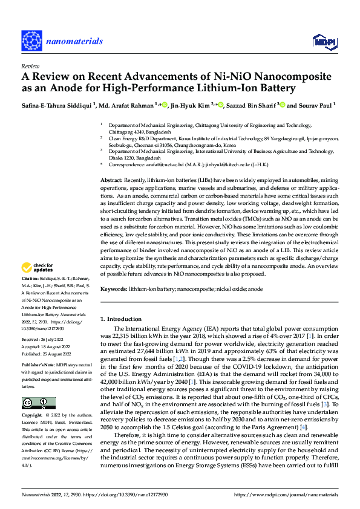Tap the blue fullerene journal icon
pos(32,41)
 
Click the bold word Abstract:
pos(111,164)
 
